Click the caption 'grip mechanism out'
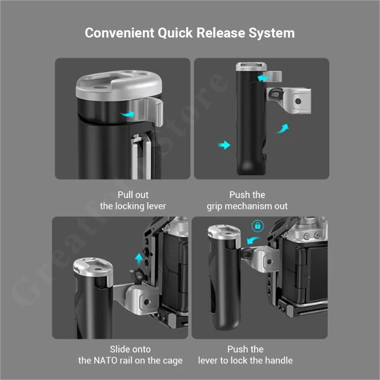(247, 206)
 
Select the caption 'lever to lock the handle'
(246, 361)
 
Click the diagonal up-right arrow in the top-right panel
(283, 128)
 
